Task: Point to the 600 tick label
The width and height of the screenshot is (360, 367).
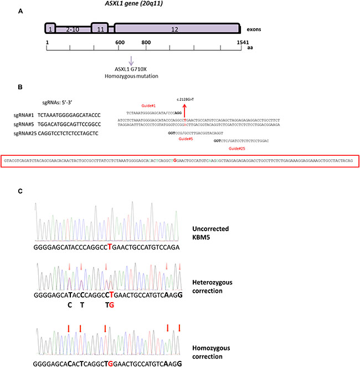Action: (119, 42)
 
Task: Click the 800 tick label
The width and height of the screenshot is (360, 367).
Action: (146, 42)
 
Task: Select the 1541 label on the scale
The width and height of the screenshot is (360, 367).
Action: (235, 42)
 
